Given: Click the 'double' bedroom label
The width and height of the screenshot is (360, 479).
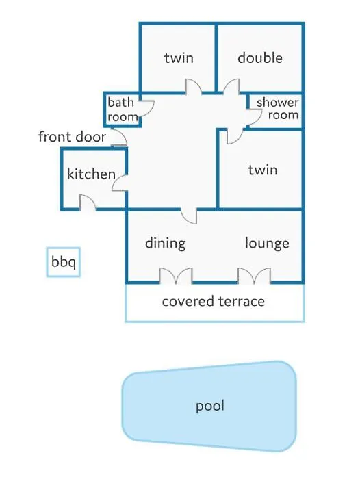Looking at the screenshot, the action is pyautogui.click(x=260, y=57).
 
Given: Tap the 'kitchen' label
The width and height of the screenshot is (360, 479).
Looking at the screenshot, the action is pyautogui.click(x=91, y=174).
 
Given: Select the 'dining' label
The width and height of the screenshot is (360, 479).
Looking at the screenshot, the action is pyautogui.click(x=166, y=244).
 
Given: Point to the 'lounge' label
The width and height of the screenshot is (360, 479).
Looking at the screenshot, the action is pyautogui.click(x=267, y=244).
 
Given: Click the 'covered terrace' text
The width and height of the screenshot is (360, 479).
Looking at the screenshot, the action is pyautogui.click(x=214, y=302).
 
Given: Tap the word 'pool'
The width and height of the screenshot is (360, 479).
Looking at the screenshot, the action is pyautogui.click(x=210, y=406).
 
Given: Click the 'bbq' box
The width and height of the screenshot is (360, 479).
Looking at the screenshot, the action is pyautogui.click(x=63, y=262).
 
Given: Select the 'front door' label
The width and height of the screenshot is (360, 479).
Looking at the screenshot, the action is pyautogui.click(x=72, y=137).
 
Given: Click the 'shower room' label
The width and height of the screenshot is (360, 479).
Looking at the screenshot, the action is pyautogui.click(x=277, y=109).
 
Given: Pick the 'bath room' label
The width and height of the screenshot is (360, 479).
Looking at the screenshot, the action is pyautogui.click(x=122, y=109).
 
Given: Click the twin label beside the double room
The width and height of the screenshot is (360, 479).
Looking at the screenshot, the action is pyautogui.click(x=179, y=57).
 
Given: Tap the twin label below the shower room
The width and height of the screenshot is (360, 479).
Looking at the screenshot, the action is pyautogui.click(x=263, y=170).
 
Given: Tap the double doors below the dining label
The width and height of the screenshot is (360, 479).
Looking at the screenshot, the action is pyautogui.click(x=176, y=276).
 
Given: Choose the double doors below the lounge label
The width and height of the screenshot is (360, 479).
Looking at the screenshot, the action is pyautogui.click(x=255, y=276).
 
